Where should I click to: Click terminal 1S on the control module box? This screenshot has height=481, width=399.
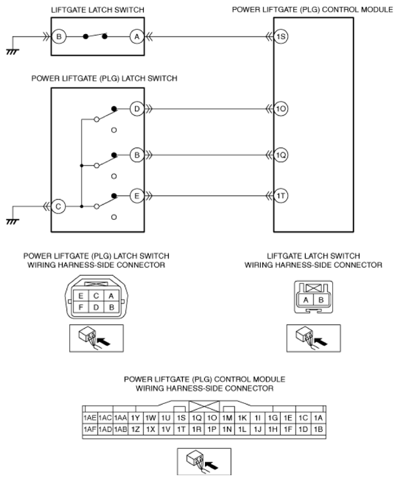coord(281,37)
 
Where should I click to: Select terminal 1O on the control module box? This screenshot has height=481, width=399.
coord(281,109)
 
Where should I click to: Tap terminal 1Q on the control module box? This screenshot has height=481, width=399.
coord(281,155)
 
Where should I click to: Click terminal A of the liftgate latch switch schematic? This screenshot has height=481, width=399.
coord(136,37)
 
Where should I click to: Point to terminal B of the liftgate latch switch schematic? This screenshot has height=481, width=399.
coord(59,37)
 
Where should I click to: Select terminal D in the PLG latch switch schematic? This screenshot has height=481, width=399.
coord(136,109)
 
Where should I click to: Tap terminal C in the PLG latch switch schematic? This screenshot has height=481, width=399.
coord(59,206)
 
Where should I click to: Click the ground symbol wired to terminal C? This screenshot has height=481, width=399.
coord(11,221)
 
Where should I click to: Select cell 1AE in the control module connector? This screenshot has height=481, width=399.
coord(90,418)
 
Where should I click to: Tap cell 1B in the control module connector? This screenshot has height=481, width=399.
coord(319,429)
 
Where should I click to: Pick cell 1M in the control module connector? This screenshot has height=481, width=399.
coord(227,418)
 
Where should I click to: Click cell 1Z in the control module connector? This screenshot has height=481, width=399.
coord(136,429)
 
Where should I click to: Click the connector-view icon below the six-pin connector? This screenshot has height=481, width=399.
coord(95,337)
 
